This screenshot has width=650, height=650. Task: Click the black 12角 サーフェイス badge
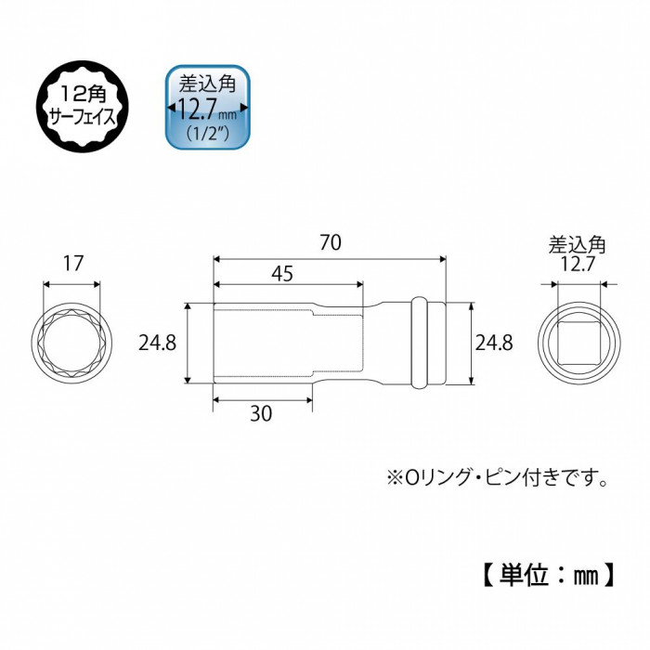82,107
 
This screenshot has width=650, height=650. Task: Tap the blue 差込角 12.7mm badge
208,107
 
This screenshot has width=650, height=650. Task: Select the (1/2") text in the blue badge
208,134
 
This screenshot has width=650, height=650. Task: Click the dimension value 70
331,242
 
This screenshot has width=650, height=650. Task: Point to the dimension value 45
282,274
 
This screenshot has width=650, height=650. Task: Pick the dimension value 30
261,413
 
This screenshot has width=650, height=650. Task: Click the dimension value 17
73,263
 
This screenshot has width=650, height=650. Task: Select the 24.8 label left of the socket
157,344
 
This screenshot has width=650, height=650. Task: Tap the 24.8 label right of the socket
494,344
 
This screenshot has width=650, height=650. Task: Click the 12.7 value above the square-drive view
578,264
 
